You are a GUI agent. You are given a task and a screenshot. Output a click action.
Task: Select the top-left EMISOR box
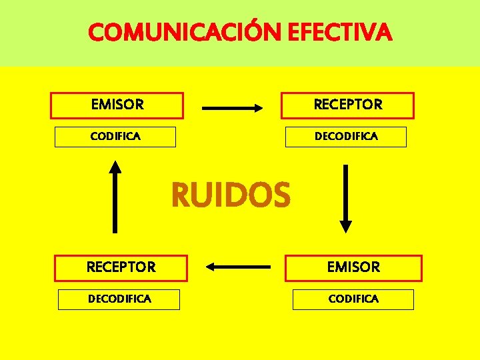tap(117, 105)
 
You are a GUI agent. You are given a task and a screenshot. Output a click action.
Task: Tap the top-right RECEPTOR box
tap(348, 105)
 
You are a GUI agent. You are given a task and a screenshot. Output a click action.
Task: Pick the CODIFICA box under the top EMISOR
tap(115, 137)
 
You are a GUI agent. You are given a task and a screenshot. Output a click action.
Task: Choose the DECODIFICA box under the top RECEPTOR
tap(346, 137)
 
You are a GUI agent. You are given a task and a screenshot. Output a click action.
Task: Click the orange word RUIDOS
tap(231, 195)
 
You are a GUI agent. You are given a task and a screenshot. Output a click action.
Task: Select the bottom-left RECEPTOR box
tap(121, 267)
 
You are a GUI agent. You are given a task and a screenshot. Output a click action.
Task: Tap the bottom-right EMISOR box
tap(353, 267)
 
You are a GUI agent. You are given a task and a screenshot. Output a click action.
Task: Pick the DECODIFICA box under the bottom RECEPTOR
tap(119, 299)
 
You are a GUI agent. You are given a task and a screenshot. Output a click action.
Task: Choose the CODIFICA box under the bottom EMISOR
tap(353, 299)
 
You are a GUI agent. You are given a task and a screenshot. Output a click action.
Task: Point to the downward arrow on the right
tap(345, 197)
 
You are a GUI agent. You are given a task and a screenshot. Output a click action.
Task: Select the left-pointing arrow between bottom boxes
tap(238, 267)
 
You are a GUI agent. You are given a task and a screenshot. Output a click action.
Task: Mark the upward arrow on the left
tap(116, 196)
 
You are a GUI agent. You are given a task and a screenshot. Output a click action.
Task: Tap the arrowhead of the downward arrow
tap(345, 226)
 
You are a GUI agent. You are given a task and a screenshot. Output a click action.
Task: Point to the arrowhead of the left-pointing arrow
tap(210, 267)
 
